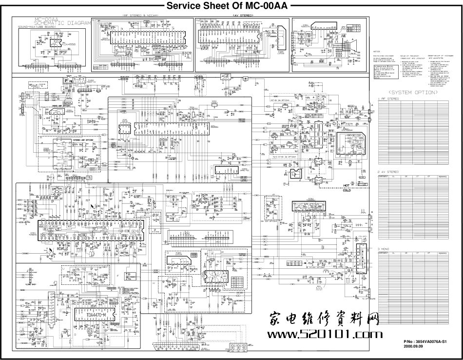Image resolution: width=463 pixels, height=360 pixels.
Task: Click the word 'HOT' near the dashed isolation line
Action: [x=347, y=185]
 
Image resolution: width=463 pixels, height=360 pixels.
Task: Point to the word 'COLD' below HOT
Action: [x=347, y=190]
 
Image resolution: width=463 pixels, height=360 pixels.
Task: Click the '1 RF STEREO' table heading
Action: [x=388, y=99]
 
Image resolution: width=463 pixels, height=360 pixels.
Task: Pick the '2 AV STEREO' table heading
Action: [x=388, y=172]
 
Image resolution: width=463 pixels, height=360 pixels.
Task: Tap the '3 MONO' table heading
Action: [x=385, y=249]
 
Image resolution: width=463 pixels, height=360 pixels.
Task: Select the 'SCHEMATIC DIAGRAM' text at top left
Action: [x=61, y=23]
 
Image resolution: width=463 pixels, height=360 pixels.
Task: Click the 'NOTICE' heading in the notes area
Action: [x=376, y=51]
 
